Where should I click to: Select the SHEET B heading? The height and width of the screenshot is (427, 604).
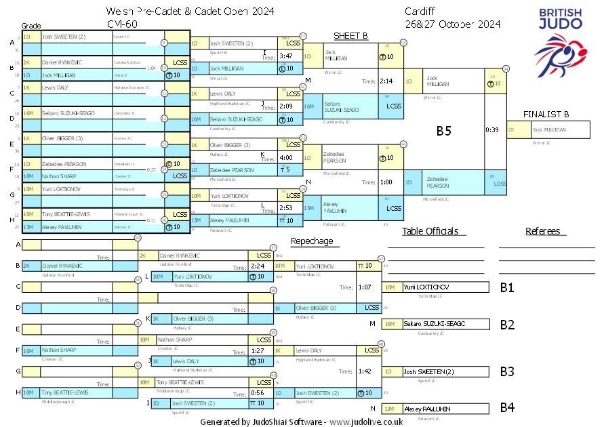[350, 36]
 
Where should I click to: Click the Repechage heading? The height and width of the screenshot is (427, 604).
[312, 241]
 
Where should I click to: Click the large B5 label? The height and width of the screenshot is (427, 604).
[444, 131]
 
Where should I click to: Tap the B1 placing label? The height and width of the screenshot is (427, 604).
[507, 287]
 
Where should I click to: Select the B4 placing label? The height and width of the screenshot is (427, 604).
[507, 408]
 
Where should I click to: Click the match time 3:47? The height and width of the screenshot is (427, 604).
[285, 56]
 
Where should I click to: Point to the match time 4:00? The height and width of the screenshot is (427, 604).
[285, 158]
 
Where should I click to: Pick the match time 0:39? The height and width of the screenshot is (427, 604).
[492, 129]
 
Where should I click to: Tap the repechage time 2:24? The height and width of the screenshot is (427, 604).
[257, 266]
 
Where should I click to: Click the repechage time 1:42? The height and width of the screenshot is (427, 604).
[365, 371]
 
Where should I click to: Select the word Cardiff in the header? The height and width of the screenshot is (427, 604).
[420, 12]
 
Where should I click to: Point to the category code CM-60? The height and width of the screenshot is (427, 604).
[121, 24]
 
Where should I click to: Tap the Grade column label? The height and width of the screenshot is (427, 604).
[31, 26]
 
